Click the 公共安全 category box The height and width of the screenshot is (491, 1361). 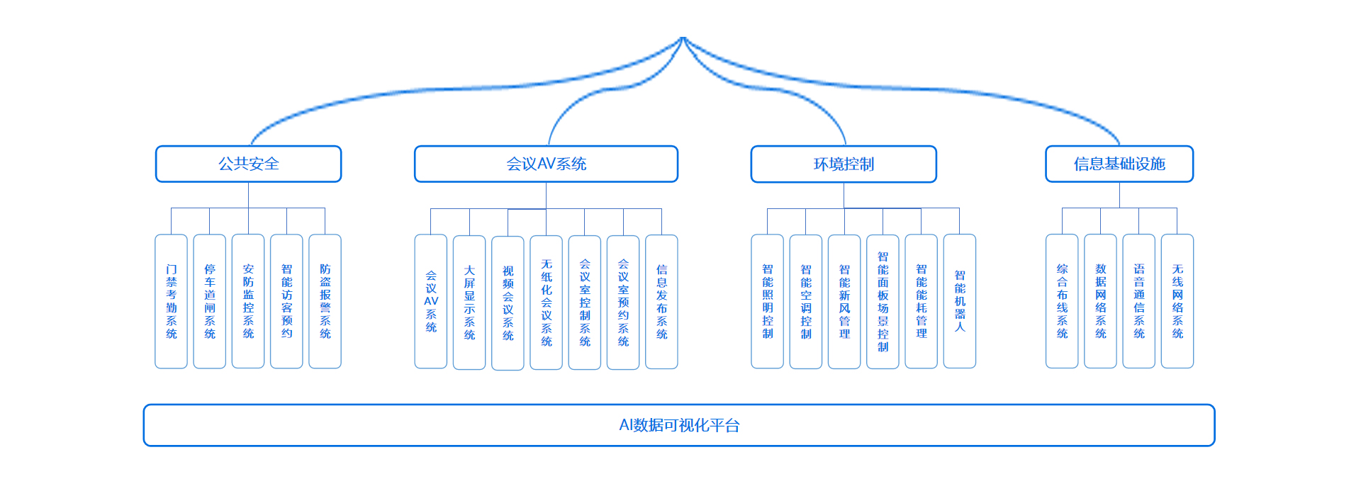(x=248, y=164)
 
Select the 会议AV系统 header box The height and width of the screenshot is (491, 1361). (x=546, y=164)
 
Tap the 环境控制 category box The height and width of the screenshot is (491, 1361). (x=844, y=164)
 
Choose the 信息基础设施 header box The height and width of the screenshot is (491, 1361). (x=1119, y=164)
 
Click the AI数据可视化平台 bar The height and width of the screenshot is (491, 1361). (x=679, y=425)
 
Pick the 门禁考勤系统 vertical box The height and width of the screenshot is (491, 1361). (x=172, y=301)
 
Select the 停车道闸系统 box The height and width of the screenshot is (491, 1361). (x=210, y=301)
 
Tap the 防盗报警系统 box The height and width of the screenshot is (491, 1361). (x=325, y=301)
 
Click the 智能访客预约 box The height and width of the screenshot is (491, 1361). (x=286, y=301)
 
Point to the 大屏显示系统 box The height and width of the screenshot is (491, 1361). (x=469, y=302)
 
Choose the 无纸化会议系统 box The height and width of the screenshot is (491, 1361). (x=547, y=302)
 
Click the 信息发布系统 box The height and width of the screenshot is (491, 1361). (x=661, y=302)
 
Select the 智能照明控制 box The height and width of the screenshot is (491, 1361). (x=768, y=301)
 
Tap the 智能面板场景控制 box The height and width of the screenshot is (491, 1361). (x=883, y=302)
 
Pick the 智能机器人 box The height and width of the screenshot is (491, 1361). (x=960, y=301)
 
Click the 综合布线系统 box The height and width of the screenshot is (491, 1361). (x=1062, y=301)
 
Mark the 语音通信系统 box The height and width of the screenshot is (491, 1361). (x=1139, y=301)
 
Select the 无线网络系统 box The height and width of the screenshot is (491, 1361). (x=1177, y=301)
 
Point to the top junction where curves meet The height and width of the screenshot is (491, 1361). (x=683, y=38)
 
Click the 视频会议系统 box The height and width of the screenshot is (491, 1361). (x=508, y=303)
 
